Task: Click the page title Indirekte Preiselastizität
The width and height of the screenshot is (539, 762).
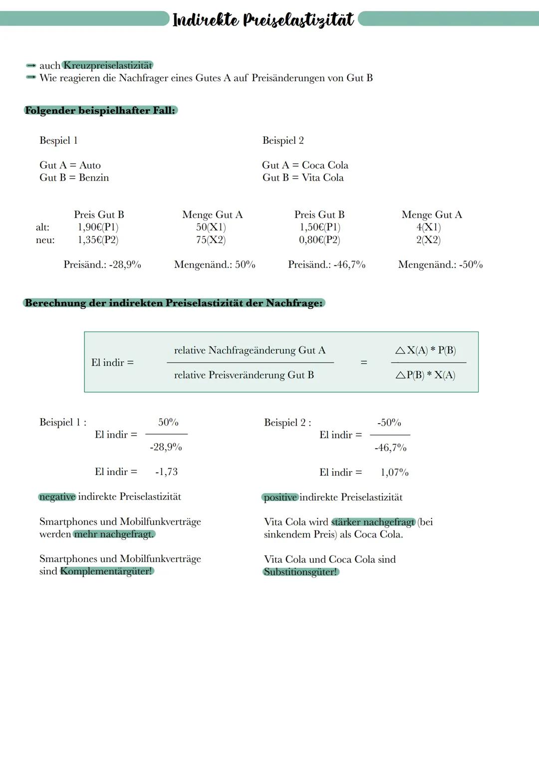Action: (x=263, y=20)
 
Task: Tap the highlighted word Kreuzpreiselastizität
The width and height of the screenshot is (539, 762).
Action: (x=108, y=65)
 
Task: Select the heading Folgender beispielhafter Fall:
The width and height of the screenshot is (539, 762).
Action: (x=100, y=110)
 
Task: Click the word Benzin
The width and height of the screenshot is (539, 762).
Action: (x=94, y=178)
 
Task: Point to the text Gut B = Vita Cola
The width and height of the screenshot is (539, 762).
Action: (x=303, y=178)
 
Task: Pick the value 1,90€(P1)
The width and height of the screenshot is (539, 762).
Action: (x=98, y=227)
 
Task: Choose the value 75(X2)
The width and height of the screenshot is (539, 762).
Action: (x=211, y=240)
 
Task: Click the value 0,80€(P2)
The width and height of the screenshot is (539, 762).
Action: (x=319, y=240)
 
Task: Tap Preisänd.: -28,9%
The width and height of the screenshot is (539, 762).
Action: (x=102, y=264)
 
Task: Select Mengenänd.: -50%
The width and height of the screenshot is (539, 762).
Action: (x=440, y=264)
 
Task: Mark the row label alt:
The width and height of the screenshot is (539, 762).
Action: (x=42, y=227)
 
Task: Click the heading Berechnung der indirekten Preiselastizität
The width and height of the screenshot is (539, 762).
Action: (x=174, y=303)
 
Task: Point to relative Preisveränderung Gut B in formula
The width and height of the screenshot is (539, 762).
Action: (x=244, y=375)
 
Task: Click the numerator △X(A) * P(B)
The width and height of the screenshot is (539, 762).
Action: (x=426, y=350)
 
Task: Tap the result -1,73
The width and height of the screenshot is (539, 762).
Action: (x=166, y=472)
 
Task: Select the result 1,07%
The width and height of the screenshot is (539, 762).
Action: (x=394, y=472)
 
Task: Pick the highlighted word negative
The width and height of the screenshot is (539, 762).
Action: (x=57, y=497)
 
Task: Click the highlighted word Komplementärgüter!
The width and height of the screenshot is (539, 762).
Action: (x=106, y=571)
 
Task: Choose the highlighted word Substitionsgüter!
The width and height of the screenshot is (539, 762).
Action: (x=300, y=572)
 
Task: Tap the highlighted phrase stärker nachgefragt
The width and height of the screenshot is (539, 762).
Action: (x=373, y=522)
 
